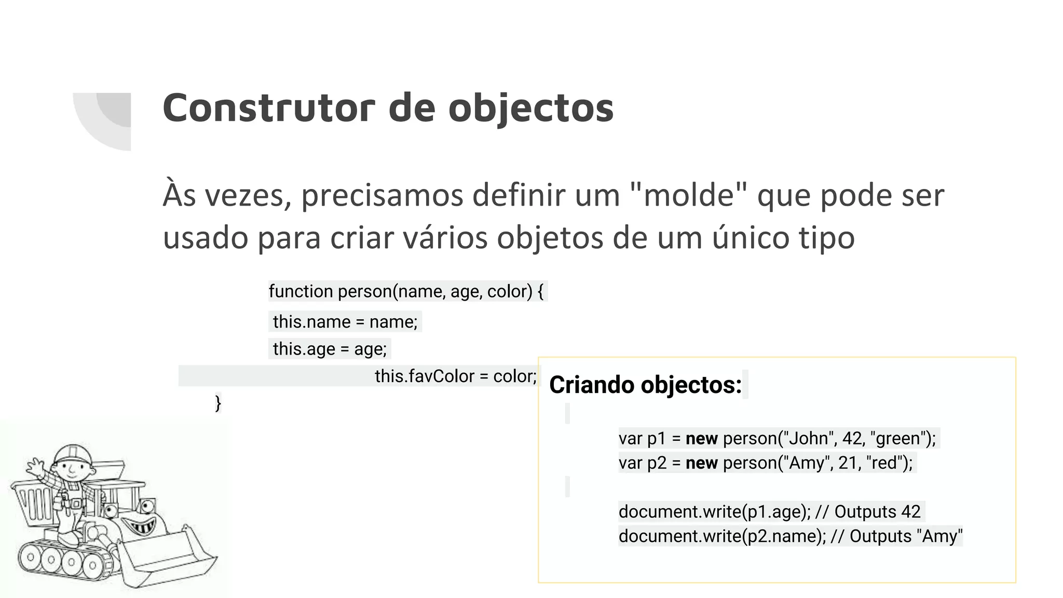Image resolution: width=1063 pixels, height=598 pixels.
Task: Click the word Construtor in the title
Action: (268, 108)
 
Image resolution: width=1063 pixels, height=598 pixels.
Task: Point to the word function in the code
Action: (301, 291)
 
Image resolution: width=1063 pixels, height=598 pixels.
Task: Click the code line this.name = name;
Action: (345, 322)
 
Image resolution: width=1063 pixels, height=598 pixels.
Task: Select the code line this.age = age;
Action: (330, 349)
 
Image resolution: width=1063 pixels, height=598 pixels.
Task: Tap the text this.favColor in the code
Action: (425, 376)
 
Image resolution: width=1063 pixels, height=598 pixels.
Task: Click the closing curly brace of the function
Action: (218, 403)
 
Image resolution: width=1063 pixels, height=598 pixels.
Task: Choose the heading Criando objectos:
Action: (645, 385)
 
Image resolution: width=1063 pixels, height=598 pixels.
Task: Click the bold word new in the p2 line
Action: (701, 463)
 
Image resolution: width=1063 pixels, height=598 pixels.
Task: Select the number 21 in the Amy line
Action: (848, 463)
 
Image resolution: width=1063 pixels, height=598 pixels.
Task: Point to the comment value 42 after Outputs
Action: (910, 512)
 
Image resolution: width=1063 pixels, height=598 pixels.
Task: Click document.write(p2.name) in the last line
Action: (721, 536)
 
